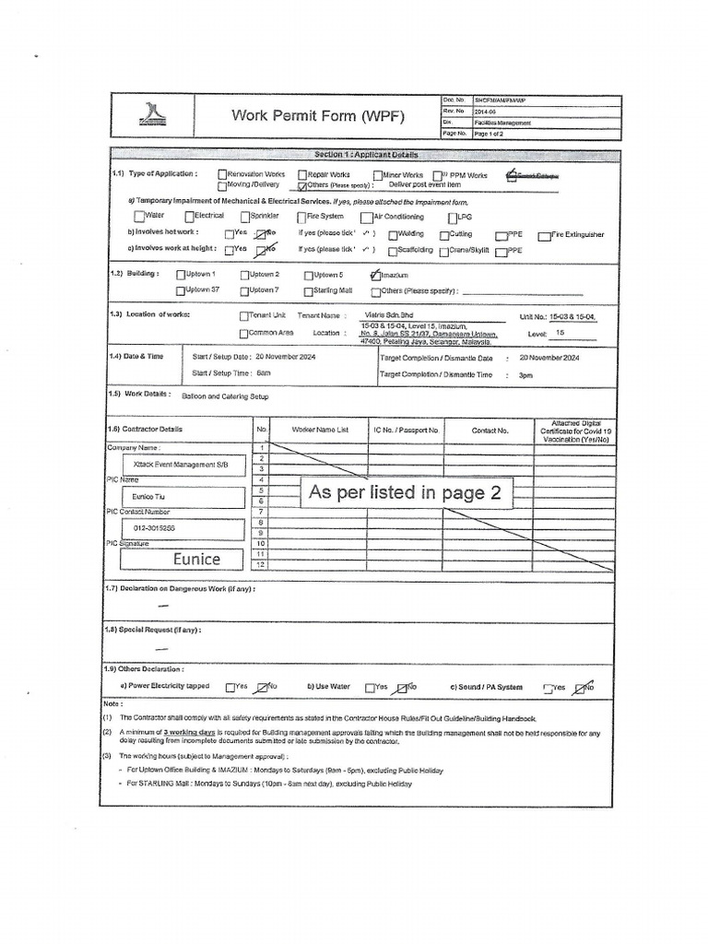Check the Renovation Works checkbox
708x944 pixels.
pos(222,174)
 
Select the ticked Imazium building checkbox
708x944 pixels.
pos(373,275)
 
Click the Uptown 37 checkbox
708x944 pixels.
pos(181,290)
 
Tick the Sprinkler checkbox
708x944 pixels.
pos(245,217)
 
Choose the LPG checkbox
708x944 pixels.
pos(453,218)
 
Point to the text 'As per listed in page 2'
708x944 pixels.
pos(405,493)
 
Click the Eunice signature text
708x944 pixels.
pos(196,559)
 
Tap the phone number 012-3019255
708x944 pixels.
pos(154,528)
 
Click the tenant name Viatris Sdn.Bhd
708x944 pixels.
pos(391,313)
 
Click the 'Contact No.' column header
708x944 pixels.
pos(490,430)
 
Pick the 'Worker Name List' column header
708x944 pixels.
pos(320,430)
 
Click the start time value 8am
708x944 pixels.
pos(264,372)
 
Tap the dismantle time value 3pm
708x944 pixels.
pos(525,375)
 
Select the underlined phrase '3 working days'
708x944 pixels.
pos(190,731)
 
